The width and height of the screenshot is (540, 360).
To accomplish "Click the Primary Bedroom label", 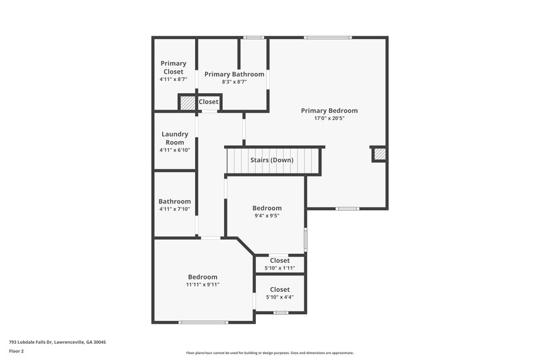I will (329, 111).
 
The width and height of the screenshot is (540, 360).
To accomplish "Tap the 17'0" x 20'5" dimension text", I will (329, 118).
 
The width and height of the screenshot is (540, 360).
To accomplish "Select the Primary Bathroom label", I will (234, 74).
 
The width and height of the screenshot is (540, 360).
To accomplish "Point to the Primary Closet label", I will (173, 68).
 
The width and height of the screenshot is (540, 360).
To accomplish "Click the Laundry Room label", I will (175, 138).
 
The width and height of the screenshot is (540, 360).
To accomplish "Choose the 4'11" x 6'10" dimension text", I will (175, 150).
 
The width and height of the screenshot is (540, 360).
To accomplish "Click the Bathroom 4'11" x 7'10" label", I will (175, 201).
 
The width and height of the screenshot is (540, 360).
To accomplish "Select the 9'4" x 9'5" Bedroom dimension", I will (267, 216).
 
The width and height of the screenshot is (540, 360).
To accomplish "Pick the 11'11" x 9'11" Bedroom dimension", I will (202, 285).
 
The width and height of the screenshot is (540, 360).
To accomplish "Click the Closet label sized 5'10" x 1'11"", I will (279, 261).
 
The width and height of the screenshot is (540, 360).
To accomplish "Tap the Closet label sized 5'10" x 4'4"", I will (279, 290).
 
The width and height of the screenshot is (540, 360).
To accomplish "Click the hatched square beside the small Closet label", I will (188, 102).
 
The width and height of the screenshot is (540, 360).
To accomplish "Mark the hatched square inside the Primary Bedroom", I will (380, 155).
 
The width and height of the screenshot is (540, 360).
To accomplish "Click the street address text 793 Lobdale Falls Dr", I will (57, 342).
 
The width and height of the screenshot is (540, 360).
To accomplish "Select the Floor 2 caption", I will (17, 351).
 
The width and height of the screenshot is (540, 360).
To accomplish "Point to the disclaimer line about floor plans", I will (269, 353).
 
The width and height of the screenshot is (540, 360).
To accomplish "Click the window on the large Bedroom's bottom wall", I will (203, 322).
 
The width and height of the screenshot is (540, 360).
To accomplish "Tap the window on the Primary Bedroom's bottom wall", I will (347, 209).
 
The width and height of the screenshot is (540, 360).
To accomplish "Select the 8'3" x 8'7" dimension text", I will (234, 82).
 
